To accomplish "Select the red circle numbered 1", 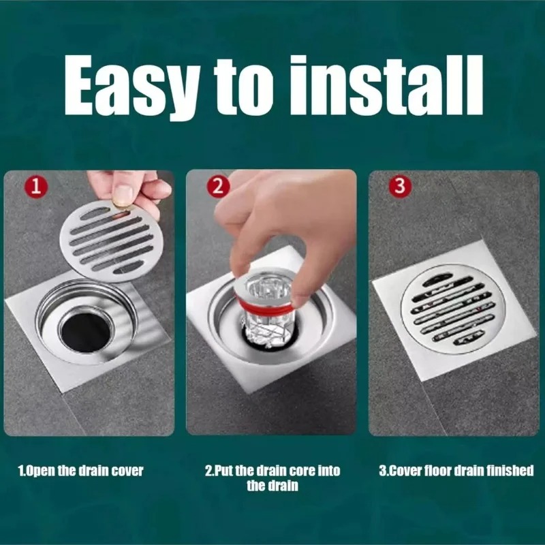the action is [x=35, y=187].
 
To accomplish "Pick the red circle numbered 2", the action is [x=218, y=186].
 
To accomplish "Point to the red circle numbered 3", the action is [x=400, y=185].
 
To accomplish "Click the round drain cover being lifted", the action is [x=112, y=241].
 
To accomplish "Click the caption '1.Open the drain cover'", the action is [x=80, y=471].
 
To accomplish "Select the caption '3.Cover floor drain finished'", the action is [x=456, y=471].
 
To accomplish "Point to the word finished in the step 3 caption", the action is [x=510, y=471].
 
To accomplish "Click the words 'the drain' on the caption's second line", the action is [x=272, y=486].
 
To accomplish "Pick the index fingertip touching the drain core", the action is [x=243, y=269].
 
